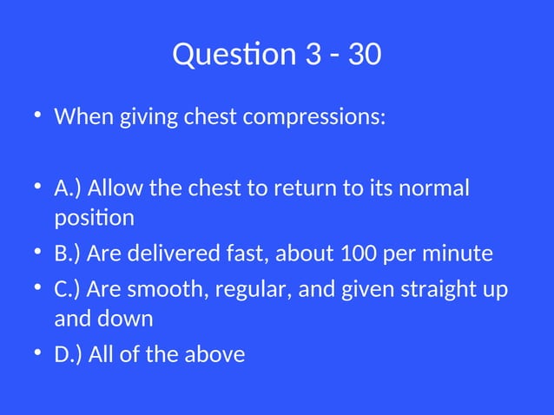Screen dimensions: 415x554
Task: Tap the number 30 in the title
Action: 363,55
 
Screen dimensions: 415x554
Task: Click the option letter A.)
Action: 69,188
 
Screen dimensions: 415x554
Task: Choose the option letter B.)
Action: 69,254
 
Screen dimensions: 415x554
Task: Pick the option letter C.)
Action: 69,288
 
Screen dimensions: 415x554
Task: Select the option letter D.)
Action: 69,353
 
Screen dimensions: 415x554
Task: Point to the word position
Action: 94,217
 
